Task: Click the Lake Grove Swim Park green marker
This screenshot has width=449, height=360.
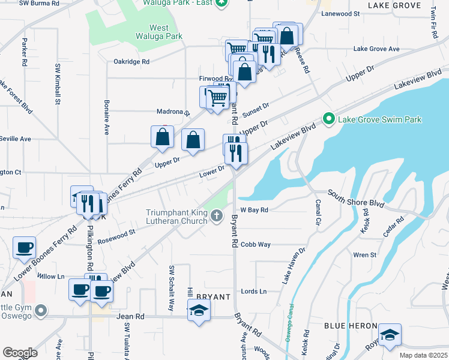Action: click(328, 119)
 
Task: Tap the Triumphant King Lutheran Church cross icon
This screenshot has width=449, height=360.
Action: click(217, 217)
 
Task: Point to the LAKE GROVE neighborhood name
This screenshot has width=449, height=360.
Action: click(394, 5)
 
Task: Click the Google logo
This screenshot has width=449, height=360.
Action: click(20, 352)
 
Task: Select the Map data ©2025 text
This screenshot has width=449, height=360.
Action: click(423, 355)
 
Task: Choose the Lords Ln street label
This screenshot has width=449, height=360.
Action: click(253, 292)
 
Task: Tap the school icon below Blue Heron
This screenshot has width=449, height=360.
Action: click(390, 334)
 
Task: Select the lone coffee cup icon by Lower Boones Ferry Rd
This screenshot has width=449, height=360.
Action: click(25, 247)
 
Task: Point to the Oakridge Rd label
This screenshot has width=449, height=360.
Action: click(131, 61)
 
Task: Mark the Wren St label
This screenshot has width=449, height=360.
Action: click(364, 255)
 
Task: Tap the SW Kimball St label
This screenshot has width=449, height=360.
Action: click(58, 84)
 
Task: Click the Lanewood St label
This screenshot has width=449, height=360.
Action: click(340, 13)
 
